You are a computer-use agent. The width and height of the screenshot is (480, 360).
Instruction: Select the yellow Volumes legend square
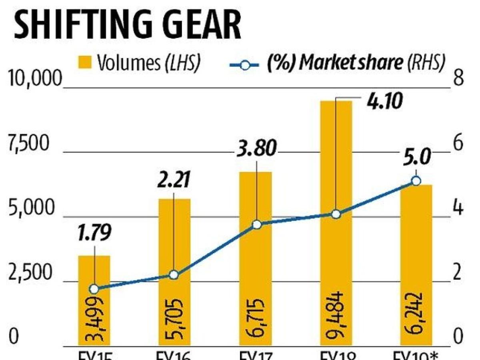tap(88, 62)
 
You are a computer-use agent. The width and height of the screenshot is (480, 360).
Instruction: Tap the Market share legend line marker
tap(245, 64)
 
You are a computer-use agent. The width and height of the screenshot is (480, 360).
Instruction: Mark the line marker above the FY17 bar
tap(257, 224)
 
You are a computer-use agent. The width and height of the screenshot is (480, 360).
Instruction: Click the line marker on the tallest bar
tap(336, 214)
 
